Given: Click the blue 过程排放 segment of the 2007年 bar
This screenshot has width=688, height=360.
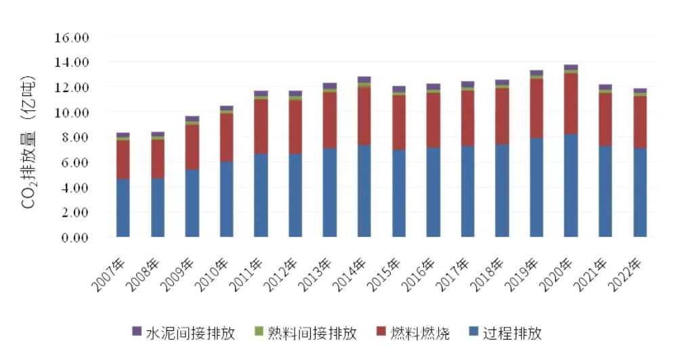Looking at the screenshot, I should click(123, 208).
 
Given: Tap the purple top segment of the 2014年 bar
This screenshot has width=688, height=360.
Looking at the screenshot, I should click(364, 80).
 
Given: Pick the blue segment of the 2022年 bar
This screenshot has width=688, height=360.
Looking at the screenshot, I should click(640, 193).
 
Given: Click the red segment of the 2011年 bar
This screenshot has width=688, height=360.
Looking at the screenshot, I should click(261, 127).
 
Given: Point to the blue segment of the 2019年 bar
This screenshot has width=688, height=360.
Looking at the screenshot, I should click(536, 187).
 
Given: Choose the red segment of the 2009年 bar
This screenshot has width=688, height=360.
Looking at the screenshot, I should click(192, 147).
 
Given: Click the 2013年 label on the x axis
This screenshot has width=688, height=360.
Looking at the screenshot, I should click(320, 273).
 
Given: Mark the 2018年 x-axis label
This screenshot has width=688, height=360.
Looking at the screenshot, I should click(492, 273).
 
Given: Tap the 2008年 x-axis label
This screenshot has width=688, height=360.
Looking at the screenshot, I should click(147, 273).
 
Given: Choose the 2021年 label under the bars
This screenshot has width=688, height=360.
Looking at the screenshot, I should click(596, 273).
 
